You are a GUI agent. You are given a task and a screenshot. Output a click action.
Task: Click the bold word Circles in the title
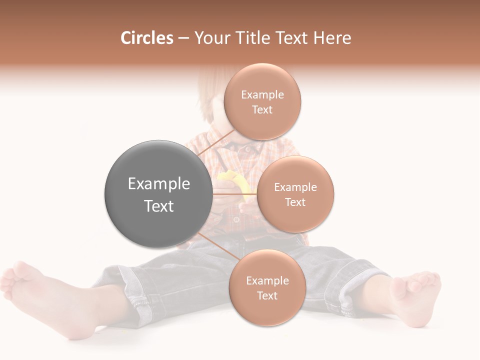(x=146, y=38)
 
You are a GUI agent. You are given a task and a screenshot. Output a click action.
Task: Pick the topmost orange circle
(x=262, y=101)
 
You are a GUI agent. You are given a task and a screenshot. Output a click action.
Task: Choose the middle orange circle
(x=295, y=194)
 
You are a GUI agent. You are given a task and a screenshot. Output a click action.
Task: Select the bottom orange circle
(x=267, y=287)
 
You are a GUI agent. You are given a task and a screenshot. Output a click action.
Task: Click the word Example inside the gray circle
(x=158, y=183)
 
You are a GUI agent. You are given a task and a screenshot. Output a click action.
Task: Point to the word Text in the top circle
(x=262, y=109)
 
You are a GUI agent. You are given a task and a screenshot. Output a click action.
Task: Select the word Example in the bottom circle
(x=267, y=280)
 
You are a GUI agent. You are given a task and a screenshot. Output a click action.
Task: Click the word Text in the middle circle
(x=295, y=202)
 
